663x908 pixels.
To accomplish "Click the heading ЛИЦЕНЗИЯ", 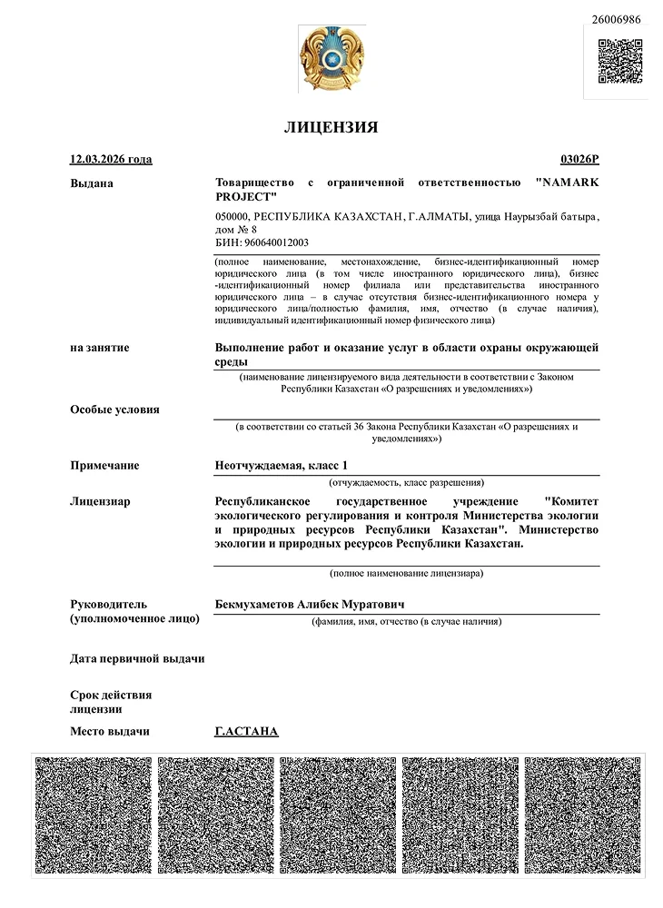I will [x=331, y=127].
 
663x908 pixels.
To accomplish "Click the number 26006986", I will [x=616, y=19].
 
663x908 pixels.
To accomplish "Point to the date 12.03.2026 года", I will [x=111, y=160].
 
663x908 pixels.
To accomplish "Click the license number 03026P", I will [x=580, y=160].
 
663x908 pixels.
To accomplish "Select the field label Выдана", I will [x=92, y=183].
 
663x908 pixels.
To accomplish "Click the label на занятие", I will [x=99, y=348].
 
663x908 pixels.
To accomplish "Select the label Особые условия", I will [x=114, y=410].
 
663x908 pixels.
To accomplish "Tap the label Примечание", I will [x=104, y=466].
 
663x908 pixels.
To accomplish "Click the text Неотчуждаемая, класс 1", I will [x=281, y=466].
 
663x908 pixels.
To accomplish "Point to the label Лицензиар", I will [x=100, y=501].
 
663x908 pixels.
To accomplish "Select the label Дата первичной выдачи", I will [x=137, y=658].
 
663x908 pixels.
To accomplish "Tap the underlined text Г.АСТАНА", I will [x=246, y=732].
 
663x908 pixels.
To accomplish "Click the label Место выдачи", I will [x=109, y=732].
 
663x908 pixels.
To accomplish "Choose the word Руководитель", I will [x=108, y=604].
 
